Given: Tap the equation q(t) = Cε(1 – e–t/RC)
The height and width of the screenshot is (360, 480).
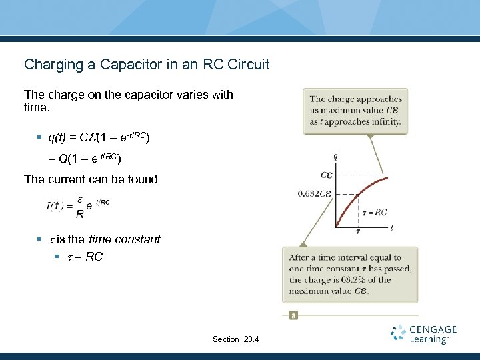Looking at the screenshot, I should point(99,138).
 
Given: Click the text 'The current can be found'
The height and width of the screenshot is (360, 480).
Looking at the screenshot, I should point(91,179).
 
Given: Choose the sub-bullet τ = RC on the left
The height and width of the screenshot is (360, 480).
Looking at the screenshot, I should point(83,257).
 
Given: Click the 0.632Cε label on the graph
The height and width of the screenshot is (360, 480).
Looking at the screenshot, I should point(314,194).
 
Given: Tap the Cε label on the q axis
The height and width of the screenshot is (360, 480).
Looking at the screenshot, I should point(327,175).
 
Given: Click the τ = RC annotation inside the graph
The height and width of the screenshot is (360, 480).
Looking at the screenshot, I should point(374,213).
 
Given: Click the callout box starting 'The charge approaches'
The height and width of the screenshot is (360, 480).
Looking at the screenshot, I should point(355,111).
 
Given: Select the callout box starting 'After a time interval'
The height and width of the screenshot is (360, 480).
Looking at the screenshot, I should point(351,274).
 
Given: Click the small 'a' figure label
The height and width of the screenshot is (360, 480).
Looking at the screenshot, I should point(293,315).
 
